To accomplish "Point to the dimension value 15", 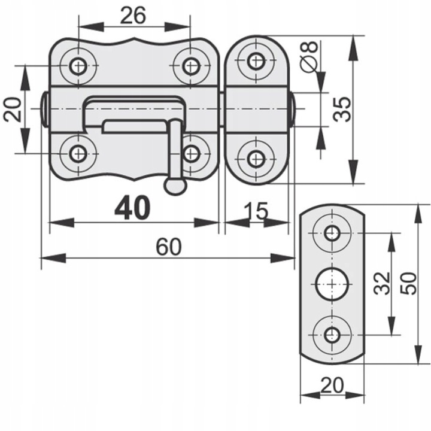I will pos(256,211).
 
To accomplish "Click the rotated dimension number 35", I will pos(342,109).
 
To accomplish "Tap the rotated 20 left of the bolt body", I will pos(13,110).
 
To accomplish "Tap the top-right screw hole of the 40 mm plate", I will pos(190,65).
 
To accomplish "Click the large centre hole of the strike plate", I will pos(332,283).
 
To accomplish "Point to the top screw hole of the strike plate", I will pos(332,232).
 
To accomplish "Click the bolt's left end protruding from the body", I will pos(45,110).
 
